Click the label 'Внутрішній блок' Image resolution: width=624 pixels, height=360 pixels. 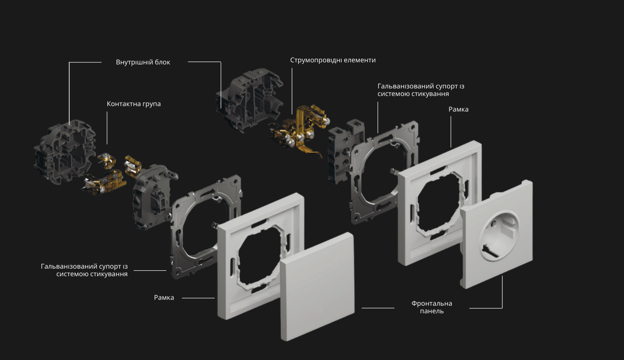click(143, 62)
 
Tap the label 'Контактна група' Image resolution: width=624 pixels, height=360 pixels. click(134, 104)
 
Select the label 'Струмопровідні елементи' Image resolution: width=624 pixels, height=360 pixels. click(333, 60)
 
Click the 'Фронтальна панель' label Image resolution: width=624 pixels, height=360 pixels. click(432, 307)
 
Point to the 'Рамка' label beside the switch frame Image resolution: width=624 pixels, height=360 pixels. click(164, 298)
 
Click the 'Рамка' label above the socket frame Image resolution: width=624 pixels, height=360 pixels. click(459, 109)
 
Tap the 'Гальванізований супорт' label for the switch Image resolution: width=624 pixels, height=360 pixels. click(84, 270)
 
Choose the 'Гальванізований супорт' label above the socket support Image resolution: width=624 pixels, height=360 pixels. click(421, 90)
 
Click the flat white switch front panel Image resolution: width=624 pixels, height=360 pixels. click(317, 286)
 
